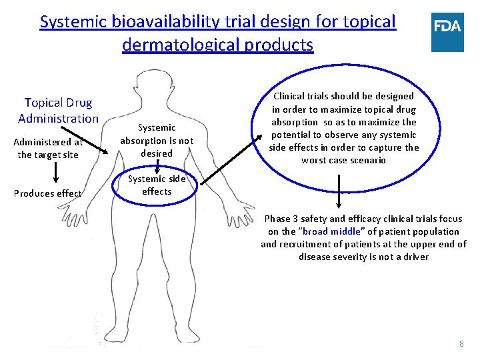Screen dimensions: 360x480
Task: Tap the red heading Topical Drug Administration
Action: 58,111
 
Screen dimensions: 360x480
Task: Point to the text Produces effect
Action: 49,193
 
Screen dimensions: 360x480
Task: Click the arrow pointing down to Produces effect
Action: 55,173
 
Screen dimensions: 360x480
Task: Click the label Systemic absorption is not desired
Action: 156,140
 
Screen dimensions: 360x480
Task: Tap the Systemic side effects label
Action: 156,185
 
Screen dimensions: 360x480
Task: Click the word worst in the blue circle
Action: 313,160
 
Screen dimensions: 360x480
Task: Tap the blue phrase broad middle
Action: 331,231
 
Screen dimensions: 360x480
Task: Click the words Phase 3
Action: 282,219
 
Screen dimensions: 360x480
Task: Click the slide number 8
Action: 461,343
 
